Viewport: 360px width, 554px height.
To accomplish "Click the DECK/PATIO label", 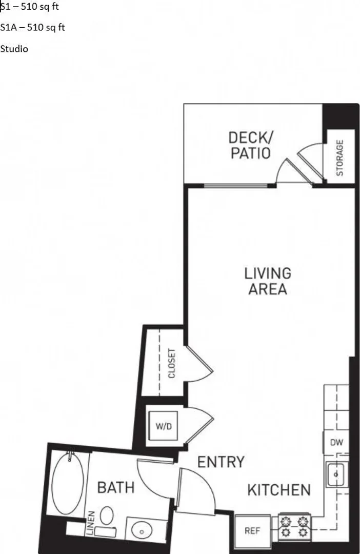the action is [x=250, y=145].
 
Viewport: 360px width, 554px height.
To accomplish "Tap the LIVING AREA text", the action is [x=268, y=281].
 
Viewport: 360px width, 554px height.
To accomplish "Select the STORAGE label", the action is [x=339, y=158].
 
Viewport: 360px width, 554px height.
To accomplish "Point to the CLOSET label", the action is [x=172, y=363].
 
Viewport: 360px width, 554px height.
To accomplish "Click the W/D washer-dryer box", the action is [x=163, y=426].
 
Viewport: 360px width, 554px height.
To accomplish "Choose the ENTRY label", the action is [x=221, y=462].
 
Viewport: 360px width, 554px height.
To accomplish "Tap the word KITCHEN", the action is [x=279, y=490].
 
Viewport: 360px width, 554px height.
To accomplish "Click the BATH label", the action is [x=116, y=488].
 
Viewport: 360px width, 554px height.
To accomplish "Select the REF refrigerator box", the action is [x=253, y=529].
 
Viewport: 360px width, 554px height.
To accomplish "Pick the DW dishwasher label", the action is [x=336, y=442].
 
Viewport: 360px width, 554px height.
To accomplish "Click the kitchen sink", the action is [x=336, y=474].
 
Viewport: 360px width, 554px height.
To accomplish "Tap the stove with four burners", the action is [x=294, y=527].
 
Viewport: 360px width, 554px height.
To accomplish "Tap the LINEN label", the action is [x=91, y=523].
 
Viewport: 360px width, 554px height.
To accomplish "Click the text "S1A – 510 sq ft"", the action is [x=32, y=28].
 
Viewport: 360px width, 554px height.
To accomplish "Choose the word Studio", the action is [x=14, y=49].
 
